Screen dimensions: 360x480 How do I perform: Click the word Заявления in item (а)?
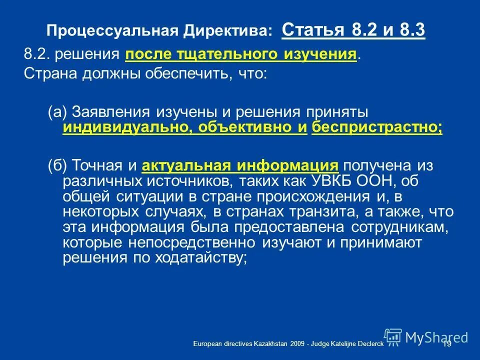click(x=103, y=112)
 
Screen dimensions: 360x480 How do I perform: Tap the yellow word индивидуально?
click(x=125, y=128)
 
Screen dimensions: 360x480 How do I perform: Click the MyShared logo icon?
click(x=392, y=336)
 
